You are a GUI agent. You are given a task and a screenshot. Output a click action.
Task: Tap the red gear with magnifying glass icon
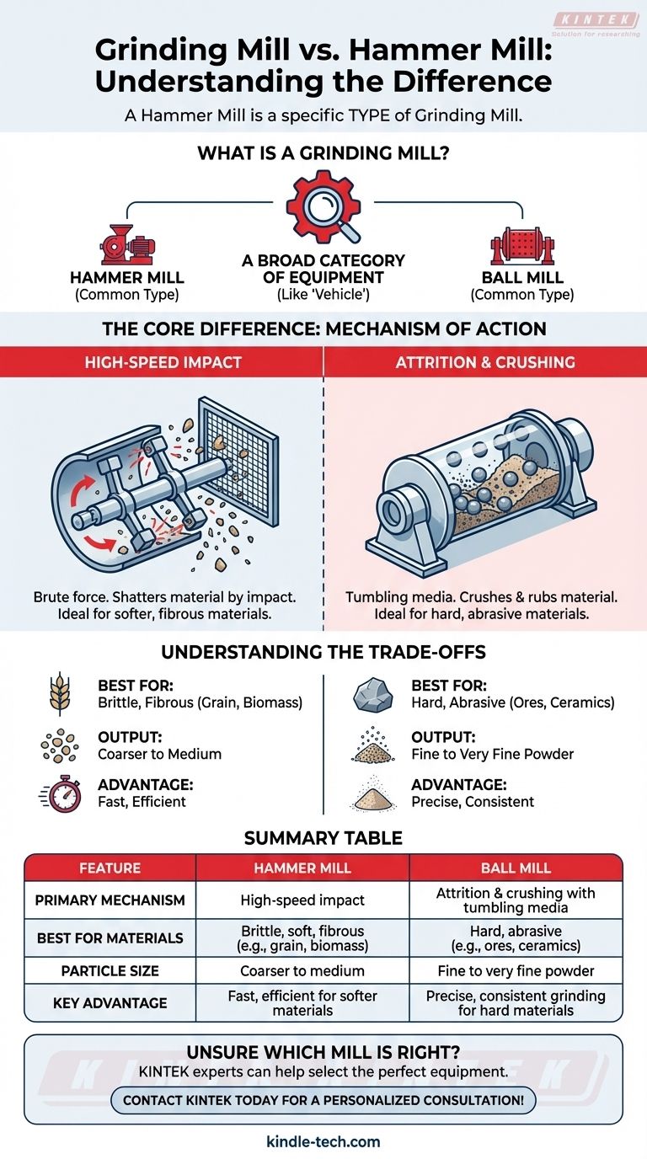click(323, 207)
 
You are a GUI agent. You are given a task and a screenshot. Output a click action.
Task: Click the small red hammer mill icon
click(127, 245)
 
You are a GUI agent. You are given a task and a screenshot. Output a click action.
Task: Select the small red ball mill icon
click(522, 246)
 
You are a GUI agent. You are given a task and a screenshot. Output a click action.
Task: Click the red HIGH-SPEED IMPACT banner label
click(163, 362)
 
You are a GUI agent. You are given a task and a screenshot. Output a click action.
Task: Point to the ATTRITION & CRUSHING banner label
click(485, 362)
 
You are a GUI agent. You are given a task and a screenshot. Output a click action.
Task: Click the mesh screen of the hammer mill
click(239, 459)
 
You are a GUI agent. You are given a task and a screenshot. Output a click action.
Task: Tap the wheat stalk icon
click(60, 694)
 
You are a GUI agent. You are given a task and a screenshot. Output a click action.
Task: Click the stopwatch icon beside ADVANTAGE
click(61, 793)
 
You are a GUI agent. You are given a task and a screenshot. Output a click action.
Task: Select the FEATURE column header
click(110, 868)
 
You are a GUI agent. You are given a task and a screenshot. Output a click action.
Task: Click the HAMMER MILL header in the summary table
click(302, 868)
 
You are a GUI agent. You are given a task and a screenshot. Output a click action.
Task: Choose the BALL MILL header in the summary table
click(516, 868)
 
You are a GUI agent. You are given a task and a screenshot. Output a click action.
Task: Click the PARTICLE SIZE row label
click(110, 970)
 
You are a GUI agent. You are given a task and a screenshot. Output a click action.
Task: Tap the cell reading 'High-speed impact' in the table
click(302, 900)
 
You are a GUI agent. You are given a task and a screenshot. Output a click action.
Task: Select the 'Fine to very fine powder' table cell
click(516, 970)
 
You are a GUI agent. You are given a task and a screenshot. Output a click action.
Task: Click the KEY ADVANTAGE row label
click(110, 1003)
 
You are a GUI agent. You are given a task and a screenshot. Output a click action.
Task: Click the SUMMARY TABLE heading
click(323, 838)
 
